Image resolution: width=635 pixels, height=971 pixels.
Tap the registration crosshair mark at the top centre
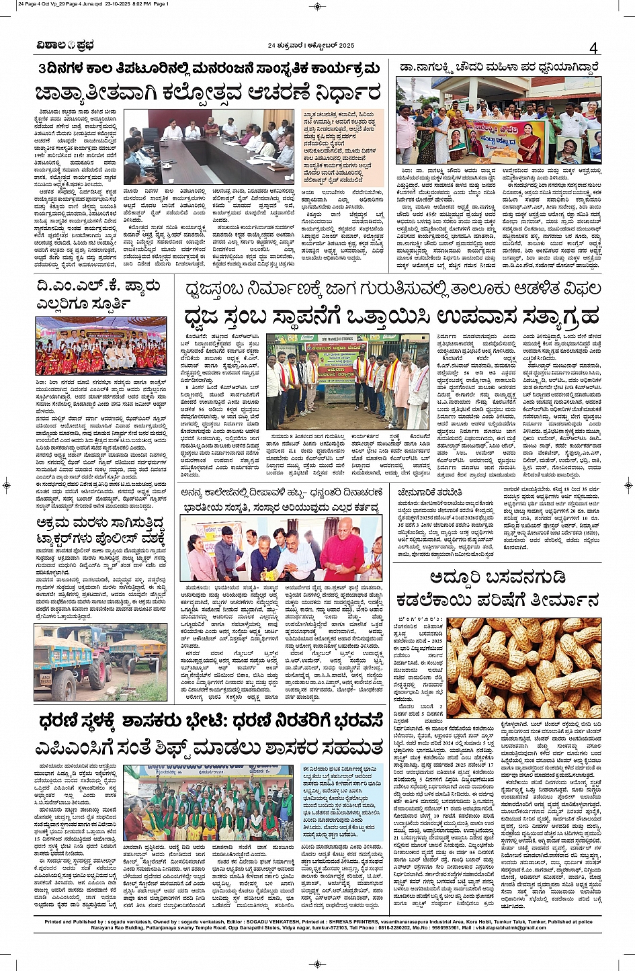pos(317,5)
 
